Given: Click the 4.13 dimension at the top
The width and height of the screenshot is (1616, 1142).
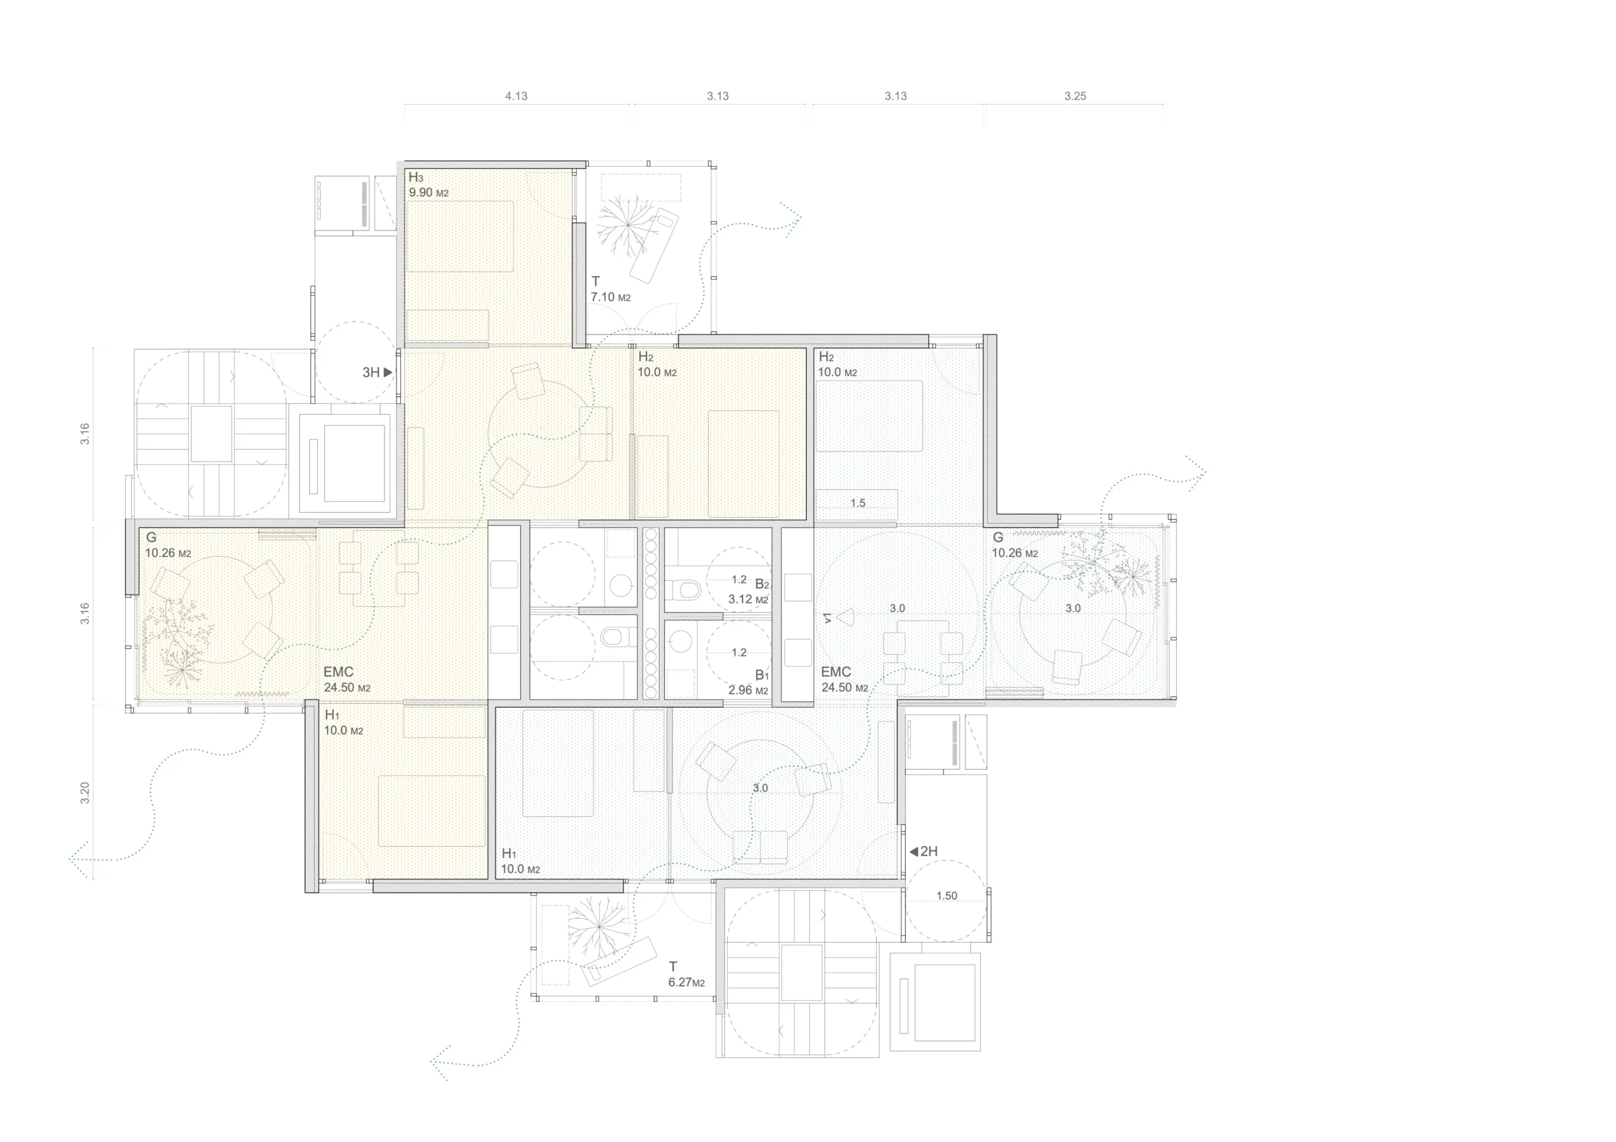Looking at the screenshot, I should (x=516, y=97).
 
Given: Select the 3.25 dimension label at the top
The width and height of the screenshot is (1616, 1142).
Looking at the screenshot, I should (x=1075, y=97).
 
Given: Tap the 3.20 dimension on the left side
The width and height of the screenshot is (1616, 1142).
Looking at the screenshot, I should (x=85, y=793).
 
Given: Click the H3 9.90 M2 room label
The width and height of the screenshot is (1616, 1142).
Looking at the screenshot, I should (x=428, y=185).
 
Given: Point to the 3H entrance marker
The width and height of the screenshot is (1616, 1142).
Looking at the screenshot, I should (x=377, y=372).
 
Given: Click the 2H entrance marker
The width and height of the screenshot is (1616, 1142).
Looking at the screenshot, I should (x=924, y=851).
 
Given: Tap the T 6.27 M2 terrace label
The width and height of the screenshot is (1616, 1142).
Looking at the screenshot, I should (x=686, y=975).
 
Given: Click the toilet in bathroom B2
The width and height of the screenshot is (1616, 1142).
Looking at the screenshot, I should (x=683, y=588).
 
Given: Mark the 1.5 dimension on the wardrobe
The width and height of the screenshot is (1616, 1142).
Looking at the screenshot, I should (x=857, y=503).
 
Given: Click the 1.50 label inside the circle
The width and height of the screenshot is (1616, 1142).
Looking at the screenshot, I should (x=946, y=896).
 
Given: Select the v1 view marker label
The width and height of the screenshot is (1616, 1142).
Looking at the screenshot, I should (x=828, y=617).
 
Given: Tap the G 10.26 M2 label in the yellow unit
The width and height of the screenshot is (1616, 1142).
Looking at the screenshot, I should (x=167, y=545).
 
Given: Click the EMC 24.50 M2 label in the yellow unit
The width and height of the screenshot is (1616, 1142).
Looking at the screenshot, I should (x=347, y=679).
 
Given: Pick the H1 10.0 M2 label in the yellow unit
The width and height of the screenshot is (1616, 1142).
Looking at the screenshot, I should (x=343, y=723).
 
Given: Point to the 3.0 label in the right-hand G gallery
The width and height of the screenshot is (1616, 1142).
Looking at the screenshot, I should (x=1072, y=609).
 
